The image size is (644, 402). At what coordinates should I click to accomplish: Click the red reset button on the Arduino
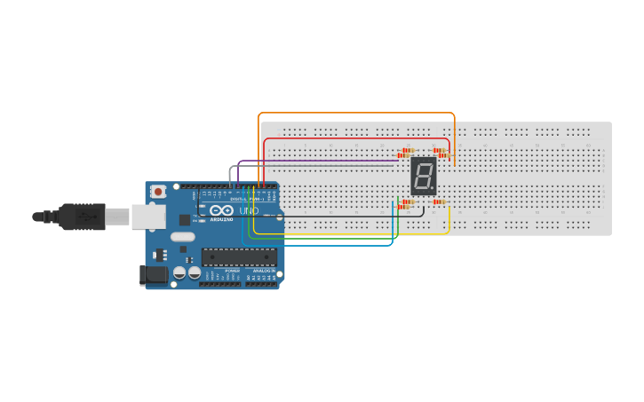click(158, 191)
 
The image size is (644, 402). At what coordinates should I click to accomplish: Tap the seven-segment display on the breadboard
click(424, 177)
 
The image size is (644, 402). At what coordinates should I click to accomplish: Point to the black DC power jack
click(154, 275)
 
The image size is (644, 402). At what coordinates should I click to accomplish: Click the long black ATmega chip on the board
click(239, 257)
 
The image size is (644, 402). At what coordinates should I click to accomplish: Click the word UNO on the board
click(249, 211)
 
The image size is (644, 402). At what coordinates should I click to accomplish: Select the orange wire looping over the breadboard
click(355, 114)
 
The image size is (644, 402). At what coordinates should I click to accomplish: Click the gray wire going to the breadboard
click(311, 166)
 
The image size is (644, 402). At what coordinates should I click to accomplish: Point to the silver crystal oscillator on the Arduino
click(182, 236)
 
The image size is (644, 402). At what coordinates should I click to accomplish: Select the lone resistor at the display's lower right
click(439, 202)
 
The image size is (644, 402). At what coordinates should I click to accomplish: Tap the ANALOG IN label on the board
click(264, 271)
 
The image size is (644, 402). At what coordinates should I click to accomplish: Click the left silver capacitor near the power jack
click(179, 272)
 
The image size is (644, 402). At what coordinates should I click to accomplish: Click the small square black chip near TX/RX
click(184, 218)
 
